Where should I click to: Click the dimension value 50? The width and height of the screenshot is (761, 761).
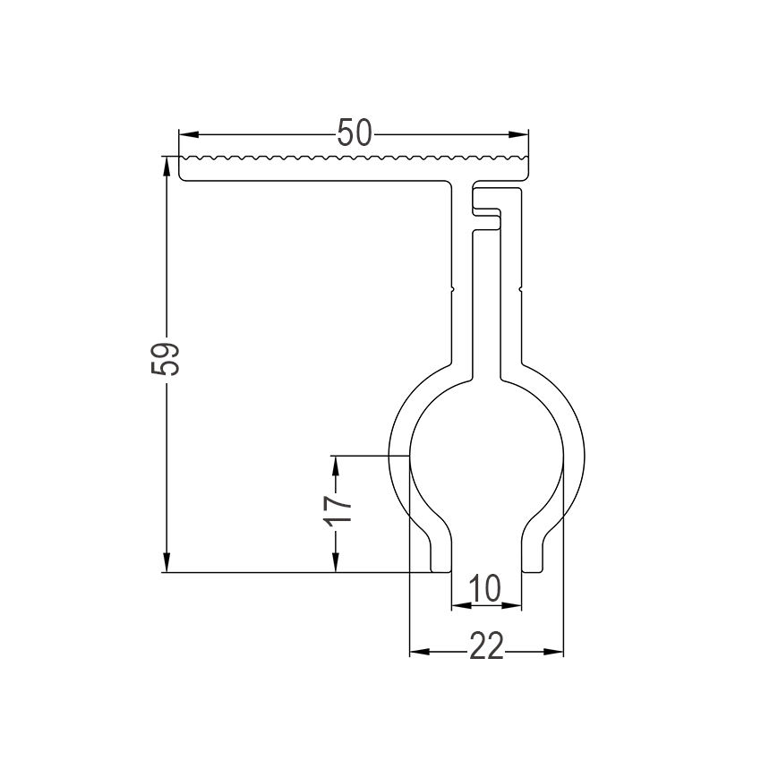tap(355, 134)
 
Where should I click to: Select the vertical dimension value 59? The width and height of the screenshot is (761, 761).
tap(167, 360)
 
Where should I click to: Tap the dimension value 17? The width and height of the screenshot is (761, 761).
tap(338, 508)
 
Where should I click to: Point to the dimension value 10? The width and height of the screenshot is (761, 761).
tap(483, 589)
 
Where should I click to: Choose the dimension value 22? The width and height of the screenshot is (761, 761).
tap(486, 646)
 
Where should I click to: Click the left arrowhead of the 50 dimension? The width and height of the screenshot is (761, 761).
tap(185, 134)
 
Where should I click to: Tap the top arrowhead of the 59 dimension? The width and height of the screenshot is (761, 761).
tap(167, 164)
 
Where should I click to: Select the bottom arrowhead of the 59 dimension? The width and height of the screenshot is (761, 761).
tap(167, 565)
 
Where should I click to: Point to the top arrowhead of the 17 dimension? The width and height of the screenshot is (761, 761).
tap(336, 463)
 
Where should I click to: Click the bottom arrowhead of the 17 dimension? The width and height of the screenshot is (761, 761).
tap(336, 565)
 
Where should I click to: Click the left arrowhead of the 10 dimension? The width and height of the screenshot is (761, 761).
tap(457, 605)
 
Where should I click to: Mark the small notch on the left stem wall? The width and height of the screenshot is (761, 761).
tap(454, 290)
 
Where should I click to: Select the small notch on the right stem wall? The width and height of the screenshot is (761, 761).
tap(520, 290)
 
